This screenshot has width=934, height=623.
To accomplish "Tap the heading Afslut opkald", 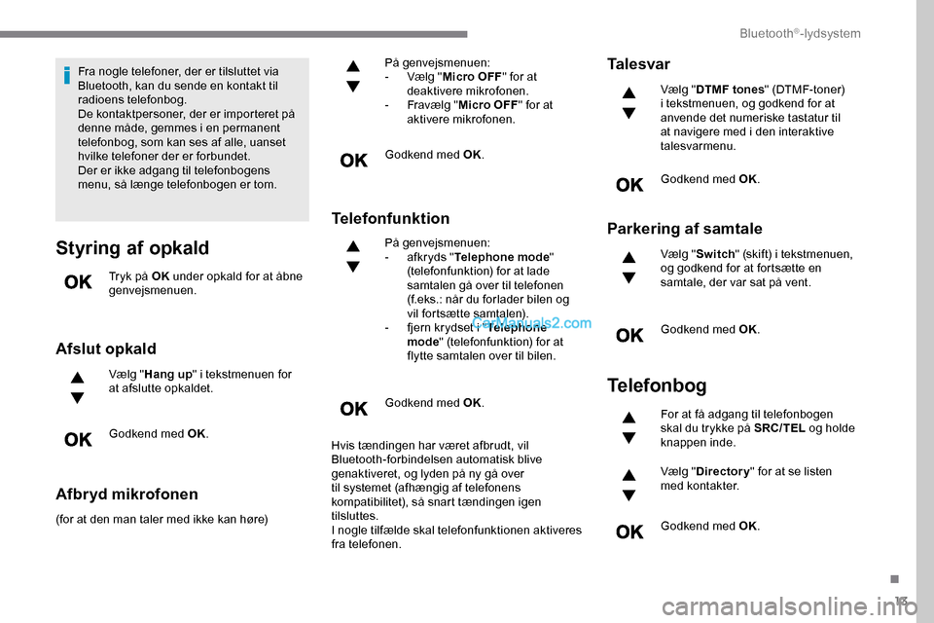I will pos(106,348).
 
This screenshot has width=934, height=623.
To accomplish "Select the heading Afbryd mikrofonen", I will pos(126,494).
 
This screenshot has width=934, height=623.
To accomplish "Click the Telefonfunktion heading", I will pos(390,218).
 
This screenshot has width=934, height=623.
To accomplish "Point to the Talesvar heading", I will pos(638,64).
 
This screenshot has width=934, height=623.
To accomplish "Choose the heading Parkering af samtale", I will pos(685,229).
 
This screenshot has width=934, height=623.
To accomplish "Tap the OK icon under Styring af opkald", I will pos(78,283).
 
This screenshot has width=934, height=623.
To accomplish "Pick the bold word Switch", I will pos(716,255).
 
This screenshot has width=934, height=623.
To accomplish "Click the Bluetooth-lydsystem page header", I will pos(800,34).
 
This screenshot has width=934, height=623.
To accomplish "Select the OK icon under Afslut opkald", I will pos(78,440).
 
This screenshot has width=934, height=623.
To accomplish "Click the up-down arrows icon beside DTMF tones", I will pos(629,102).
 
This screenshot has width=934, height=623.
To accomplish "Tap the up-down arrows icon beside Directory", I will pos(629,485).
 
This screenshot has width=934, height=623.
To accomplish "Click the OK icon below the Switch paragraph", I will pos(629,336).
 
